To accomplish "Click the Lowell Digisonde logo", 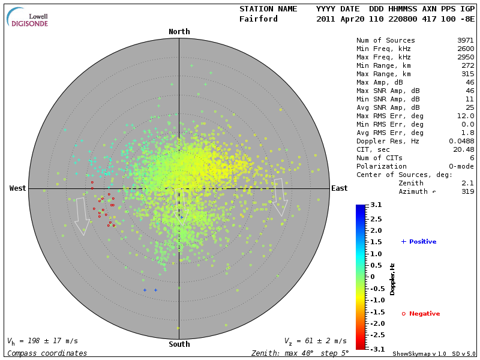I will tap(28, 17).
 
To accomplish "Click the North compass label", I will tap(179, 32).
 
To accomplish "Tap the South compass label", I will tap(179, 344).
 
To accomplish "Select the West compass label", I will tap(18, 188).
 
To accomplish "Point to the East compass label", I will tap(340, 188).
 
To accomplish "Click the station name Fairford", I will tap(259, 19).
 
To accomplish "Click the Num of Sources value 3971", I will tap(466, 40).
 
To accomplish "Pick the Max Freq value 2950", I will tap(466, 57).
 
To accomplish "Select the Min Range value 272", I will tap(468, 65).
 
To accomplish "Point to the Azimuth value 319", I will tap(468, 191).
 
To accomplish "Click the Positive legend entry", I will tap(419, 242).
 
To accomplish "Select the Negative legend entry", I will tap(421, 314).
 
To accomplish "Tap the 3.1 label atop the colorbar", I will tap(376, 205).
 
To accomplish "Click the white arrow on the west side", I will tap(81, 216).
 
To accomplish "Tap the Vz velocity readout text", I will tap(315, 341).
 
